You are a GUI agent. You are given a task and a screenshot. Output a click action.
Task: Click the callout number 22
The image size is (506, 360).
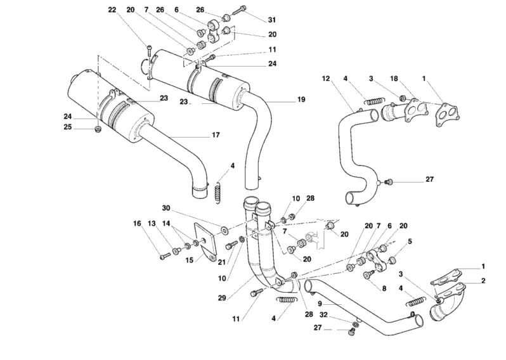(112, 10)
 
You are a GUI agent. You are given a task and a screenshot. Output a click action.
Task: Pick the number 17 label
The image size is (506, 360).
(216, 134)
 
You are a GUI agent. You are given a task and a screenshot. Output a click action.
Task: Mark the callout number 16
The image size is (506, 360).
(137, 223)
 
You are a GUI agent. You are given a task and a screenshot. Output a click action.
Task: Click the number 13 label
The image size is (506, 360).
(152, 223)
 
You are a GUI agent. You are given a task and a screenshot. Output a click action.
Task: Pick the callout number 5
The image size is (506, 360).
(410, 241)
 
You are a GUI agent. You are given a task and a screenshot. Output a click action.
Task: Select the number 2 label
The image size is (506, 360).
(483, 280)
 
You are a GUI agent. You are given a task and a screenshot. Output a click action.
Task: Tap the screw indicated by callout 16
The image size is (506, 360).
(165, 256)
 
